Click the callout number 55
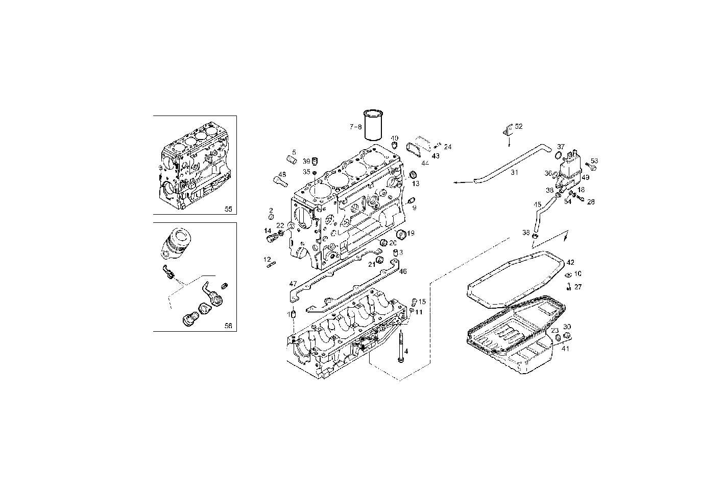(x=228, y=209)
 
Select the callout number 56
(x=228, y=326)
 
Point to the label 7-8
(x=355, y=126)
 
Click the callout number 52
(x=519, y=126)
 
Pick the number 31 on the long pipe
(x=514, y=173)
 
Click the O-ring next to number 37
(x=559, y=155)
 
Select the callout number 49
(x=585, y=177)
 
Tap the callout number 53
(x=594, y=161)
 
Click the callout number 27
(x=578, y=287)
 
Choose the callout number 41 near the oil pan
(x=565, y=349)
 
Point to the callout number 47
(x=293, y=284)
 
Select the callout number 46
(x=403, y=271)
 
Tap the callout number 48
(x=282, y=174)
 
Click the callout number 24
(x=448, y=147)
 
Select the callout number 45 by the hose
(x=537, y=204)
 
